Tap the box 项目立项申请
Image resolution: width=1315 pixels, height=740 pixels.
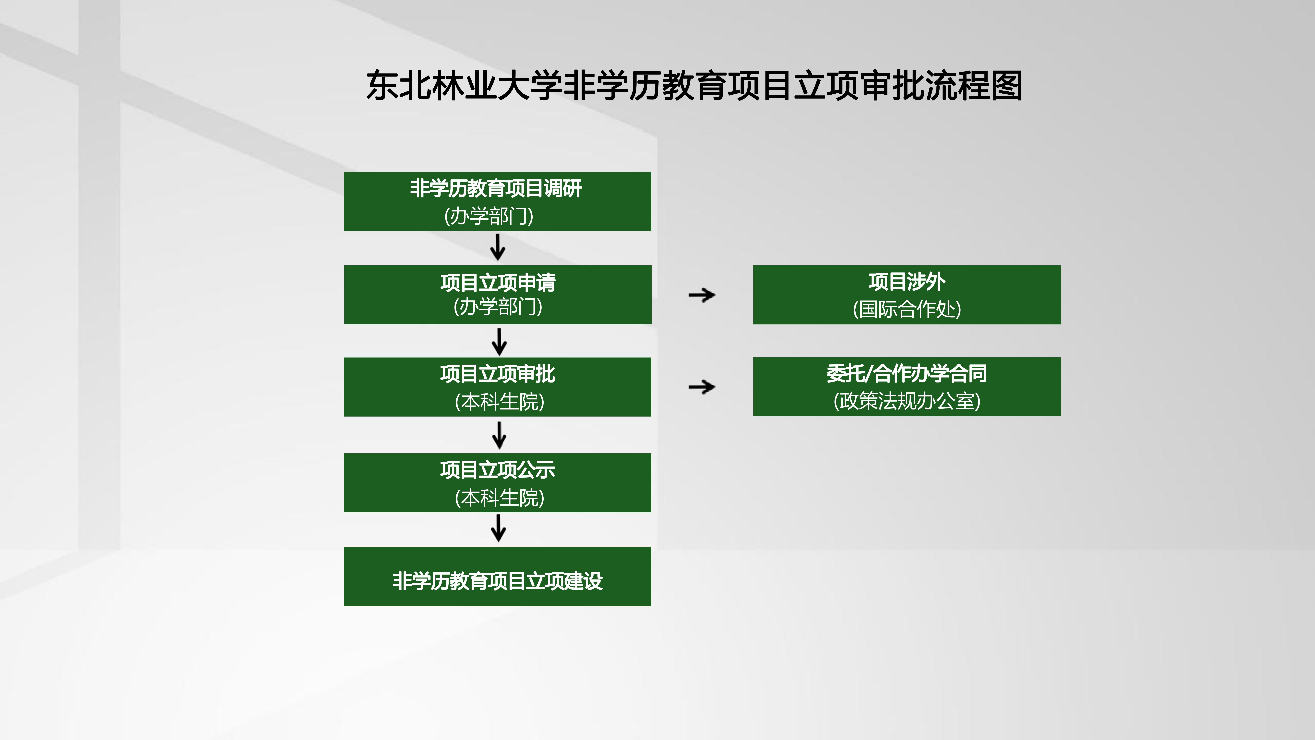[498, 295]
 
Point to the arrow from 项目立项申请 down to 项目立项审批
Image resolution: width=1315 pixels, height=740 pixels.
[499, 342]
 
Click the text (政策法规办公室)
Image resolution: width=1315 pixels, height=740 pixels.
[907, 401]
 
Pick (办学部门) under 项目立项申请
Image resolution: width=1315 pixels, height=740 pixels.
[498, 306]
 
